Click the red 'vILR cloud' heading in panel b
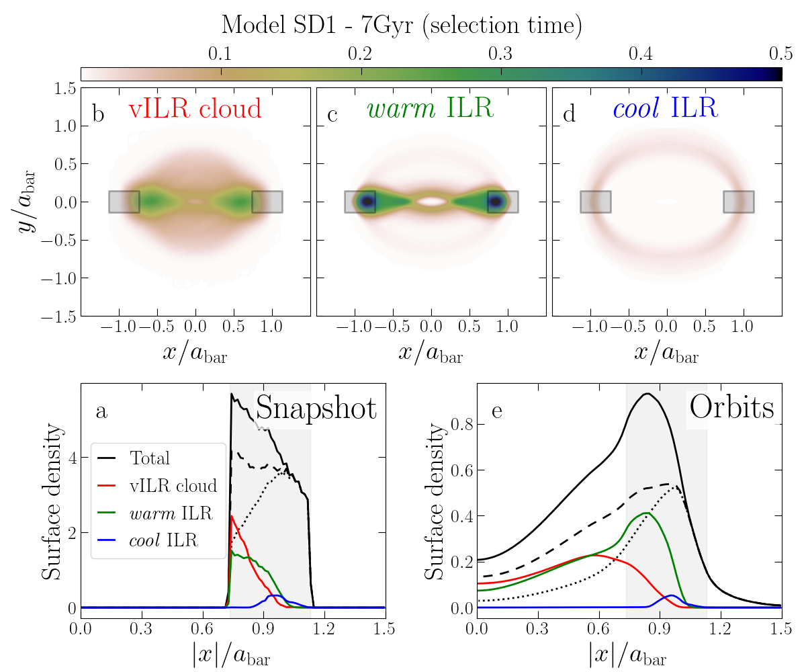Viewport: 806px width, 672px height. [x=195, y=109]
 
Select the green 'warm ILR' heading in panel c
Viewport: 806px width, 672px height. [x=430, y=109]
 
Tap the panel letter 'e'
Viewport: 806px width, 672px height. [x=497, y=411]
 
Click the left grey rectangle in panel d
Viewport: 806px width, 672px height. [x=595, y=202]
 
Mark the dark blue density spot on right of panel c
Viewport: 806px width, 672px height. [x=496, y=201]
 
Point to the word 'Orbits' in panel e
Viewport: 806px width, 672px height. [x=731, y=407]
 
